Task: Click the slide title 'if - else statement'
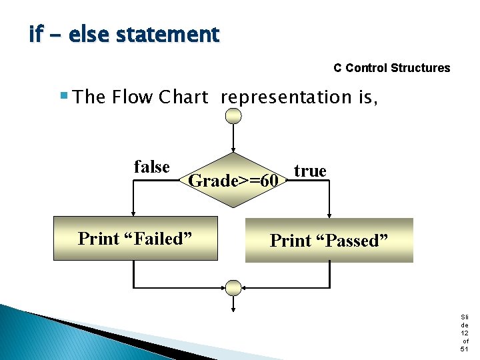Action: click(x=124, y=34)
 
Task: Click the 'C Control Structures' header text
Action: click(x=391, y=68)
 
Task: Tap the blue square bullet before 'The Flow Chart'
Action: click(x=64, y=95)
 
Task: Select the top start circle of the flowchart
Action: click(x=233, y=117)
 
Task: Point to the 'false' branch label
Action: click(x=151, y=167)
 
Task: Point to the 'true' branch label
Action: click(x=310, y=171)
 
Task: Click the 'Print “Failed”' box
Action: click(x=135, y=238)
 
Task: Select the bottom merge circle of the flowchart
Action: click(x=233, y=287)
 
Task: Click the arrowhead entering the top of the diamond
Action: click(x=233, y=151)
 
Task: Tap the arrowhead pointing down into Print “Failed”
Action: click(x=135, y=213)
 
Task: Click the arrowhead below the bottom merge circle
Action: click(x=233, y=307)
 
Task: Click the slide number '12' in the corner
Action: click(x=464, y=333)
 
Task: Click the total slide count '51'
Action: click(x=464, y=349)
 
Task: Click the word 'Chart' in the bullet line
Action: click(x=183, y=97)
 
